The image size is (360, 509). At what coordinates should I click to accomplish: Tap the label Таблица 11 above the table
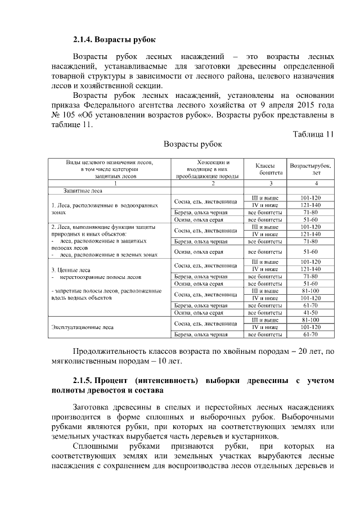coord(313,133)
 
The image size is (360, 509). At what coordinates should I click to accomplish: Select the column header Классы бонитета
coord(264,169)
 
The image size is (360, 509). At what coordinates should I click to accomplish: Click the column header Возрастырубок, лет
coord(310,169)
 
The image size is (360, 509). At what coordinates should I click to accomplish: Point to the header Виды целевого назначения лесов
coord(109,169)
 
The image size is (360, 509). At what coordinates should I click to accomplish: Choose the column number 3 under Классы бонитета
coord(264,183)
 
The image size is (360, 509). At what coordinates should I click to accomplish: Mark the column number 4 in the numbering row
coord(310,183)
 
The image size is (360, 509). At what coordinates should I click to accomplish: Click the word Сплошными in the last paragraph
coord(94,447)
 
